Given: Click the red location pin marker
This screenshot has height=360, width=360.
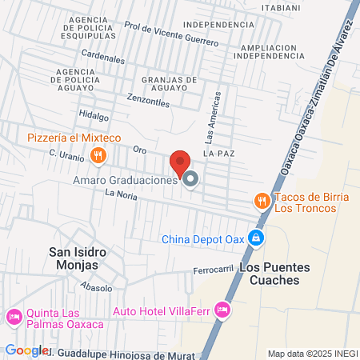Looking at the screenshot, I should [x=180, y=162].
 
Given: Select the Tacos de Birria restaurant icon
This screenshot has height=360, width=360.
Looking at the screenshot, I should [x=261, y=201].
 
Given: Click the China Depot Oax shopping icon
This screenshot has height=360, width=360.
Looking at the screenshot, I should [x=255, y=238].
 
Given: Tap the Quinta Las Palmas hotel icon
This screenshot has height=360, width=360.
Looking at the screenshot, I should [x=14, y=318].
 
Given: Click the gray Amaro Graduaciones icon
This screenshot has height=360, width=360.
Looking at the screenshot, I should [x=190, y=179].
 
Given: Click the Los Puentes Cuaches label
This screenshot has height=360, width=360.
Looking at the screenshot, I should [x=269, y=274].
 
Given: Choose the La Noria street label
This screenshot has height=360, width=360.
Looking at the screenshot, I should [x=122, y=194].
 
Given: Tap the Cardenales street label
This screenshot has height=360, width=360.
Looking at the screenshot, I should [x=104, y=59].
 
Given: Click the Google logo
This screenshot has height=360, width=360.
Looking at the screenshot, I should [x=26, y=350].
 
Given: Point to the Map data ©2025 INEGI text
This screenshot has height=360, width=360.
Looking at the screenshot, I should [x=311, y=354].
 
